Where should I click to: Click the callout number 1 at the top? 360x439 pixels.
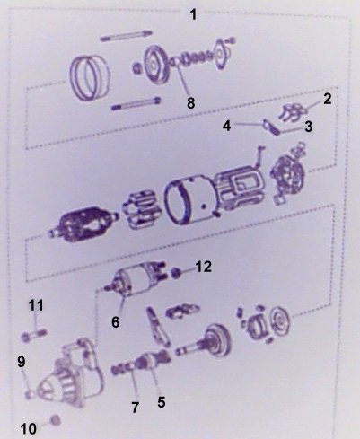194,14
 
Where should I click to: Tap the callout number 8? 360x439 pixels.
191,103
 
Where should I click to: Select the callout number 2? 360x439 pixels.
327,99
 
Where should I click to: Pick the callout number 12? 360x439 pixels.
204,267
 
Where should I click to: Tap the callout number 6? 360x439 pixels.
116,322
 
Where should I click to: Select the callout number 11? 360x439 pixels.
36,305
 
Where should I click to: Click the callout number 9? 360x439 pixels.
22,362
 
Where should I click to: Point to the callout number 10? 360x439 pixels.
29,429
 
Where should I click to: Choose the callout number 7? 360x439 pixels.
136,408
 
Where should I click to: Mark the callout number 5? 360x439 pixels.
162,402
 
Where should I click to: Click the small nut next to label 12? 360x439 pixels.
176,273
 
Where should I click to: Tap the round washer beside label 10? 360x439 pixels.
55,420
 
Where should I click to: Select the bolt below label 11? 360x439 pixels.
34,336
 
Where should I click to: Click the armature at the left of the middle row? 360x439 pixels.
83,224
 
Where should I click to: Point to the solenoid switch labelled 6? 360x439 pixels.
135,279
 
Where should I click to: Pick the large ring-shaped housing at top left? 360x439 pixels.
89,77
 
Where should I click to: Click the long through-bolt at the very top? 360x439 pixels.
127,35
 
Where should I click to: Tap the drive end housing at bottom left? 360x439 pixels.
67,374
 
